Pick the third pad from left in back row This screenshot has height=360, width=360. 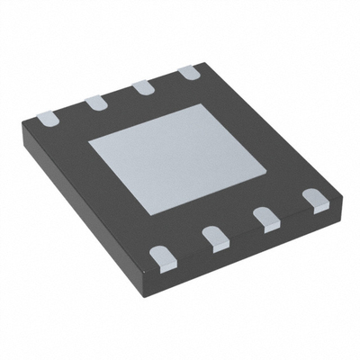click(143, 89)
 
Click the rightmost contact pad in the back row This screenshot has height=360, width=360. click(187, 74)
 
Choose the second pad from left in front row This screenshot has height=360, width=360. click(214, 238)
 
